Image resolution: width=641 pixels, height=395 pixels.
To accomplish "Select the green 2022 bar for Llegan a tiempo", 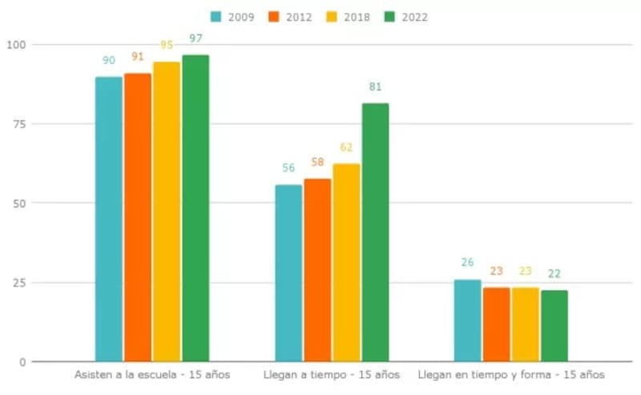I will (x=375, y=232).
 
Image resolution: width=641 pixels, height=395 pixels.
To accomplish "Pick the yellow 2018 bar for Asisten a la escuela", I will (x=167, y=212).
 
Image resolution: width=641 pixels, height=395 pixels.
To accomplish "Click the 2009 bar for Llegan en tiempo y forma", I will (x=468, y=320).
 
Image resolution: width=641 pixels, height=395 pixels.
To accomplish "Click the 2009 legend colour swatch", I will (x=216, y=17).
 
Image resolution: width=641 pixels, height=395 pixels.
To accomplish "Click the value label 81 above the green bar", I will (x=375, y=87).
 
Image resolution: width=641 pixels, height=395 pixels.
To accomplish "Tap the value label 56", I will (x=288, y=168).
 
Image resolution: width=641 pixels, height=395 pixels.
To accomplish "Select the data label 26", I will (x=468, y=262).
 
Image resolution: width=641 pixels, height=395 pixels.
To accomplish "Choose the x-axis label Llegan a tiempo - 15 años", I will (x=331, y=375).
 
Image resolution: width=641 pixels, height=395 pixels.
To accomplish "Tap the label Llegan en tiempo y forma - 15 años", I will (x=511, y=375).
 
